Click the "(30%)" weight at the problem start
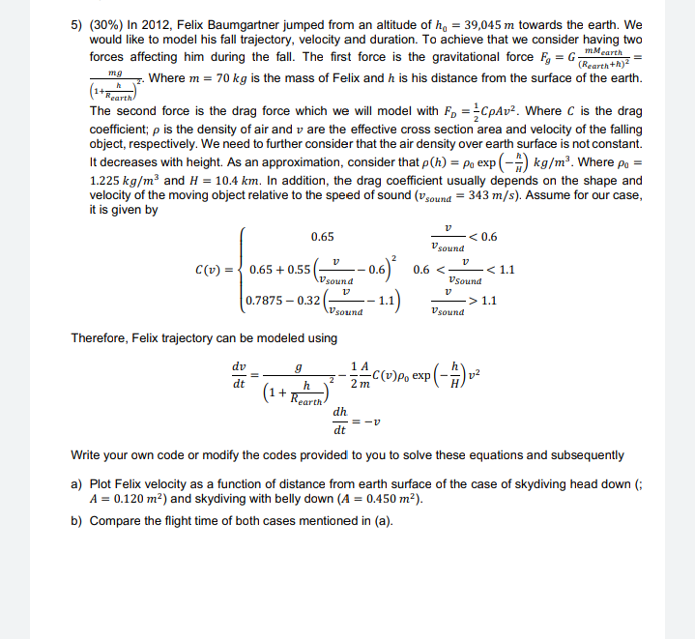105,25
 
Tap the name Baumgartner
260,25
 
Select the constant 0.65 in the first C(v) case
322,237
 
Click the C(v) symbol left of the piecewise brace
212,271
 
